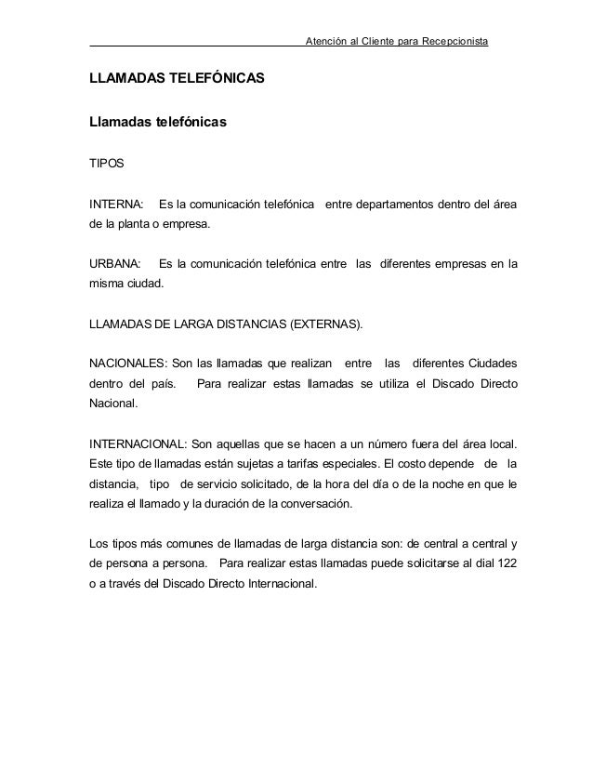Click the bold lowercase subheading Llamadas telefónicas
click(x=158, y=123)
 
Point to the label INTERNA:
click(x=116, y=204)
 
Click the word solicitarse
click(x=415, y=564)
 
